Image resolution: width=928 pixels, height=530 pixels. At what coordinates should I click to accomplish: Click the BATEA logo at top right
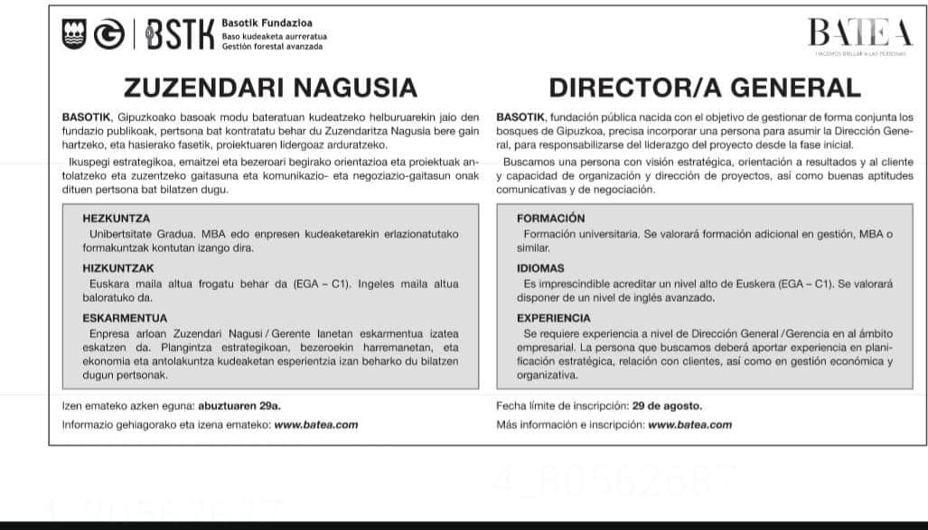[860, 35]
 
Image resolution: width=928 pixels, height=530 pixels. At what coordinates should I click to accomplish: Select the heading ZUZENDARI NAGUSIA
[270, 88]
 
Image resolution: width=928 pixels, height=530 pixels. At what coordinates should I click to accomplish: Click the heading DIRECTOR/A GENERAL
[705, 88]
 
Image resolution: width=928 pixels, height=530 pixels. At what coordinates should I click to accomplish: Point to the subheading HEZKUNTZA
[116, 219]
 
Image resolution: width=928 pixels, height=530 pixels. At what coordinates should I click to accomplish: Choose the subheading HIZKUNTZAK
[118, 268]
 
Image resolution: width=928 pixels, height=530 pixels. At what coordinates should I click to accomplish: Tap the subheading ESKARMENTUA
[125, 318]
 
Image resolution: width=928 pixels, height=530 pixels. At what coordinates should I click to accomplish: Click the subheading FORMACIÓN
[550, 219]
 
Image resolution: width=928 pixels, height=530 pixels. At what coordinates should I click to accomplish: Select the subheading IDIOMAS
[540, 268]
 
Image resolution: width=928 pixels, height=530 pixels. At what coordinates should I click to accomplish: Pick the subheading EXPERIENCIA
[554, 318]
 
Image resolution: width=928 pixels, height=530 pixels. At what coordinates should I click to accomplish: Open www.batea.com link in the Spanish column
[690, 424]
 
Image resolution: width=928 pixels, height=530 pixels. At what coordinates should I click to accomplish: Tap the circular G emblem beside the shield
[108, 34]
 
